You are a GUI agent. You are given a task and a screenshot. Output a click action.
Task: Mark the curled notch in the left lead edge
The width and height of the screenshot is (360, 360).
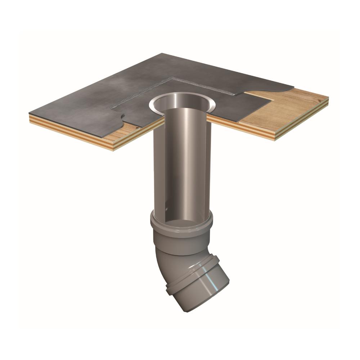123,116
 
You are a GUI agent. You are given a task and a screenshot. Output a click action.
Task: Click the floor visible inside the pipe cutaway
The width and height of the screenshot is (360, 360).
180,225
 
